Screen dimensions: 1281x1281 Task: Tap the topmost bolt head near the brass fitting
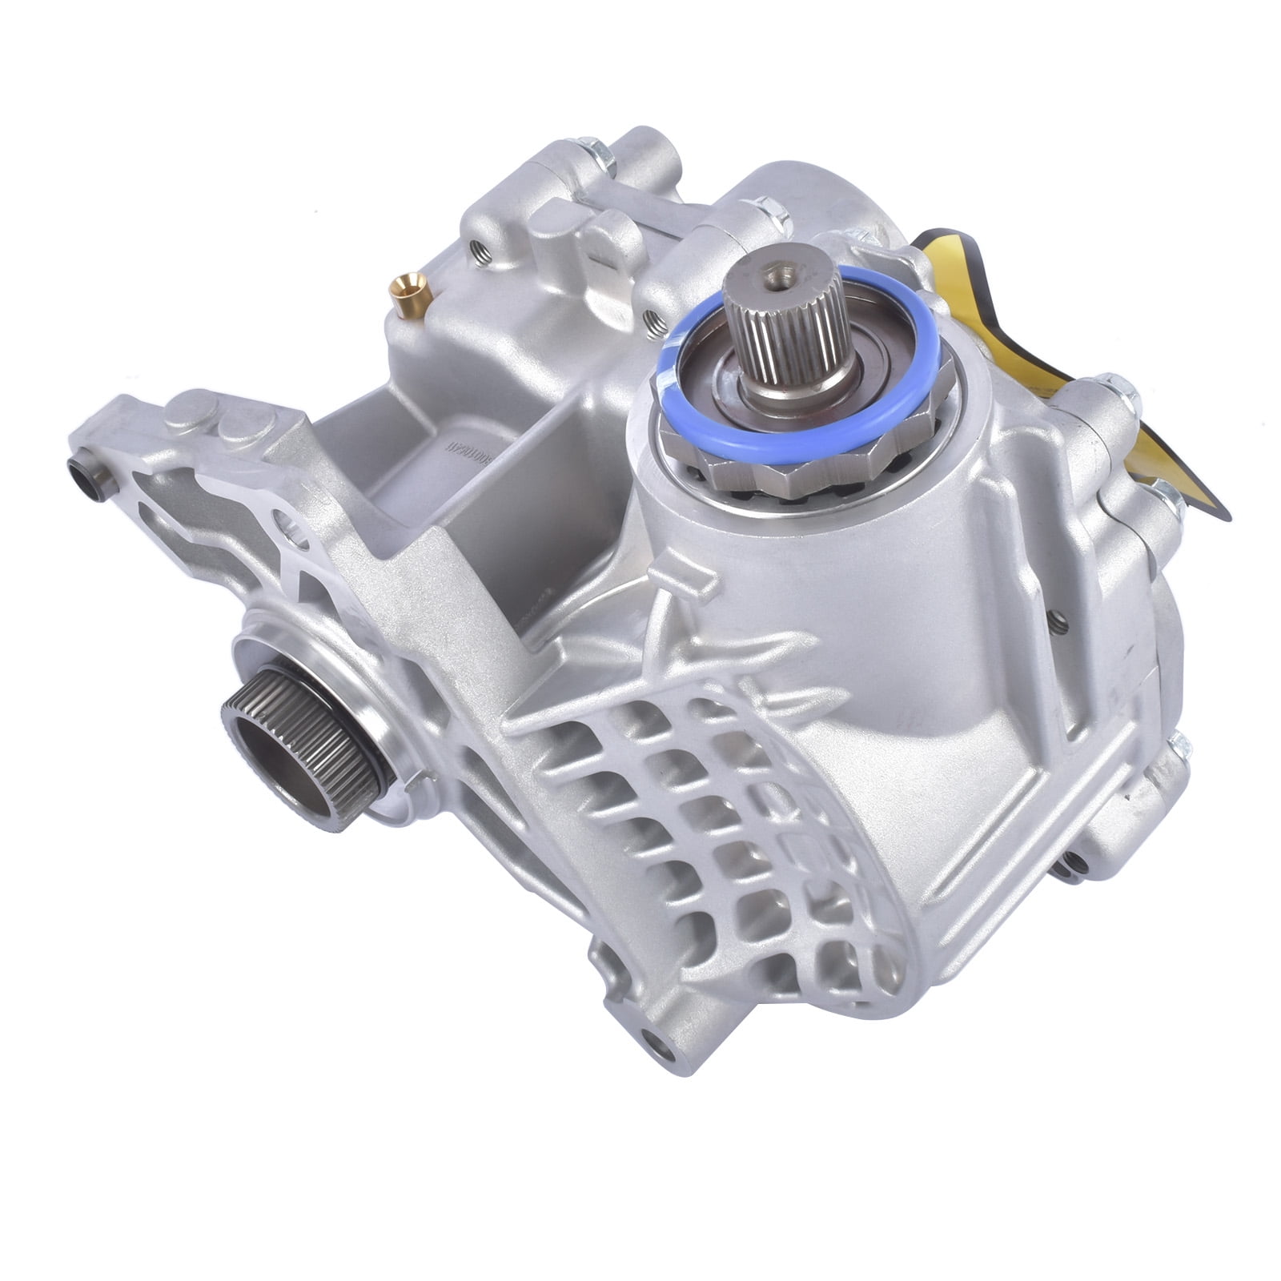[x=600, y=157]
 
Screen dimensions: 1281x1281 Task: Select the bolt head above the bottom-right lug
[x=1177, y=749]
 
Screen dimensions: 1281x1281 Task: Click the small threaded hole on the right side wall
[x=1058, y=616]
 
